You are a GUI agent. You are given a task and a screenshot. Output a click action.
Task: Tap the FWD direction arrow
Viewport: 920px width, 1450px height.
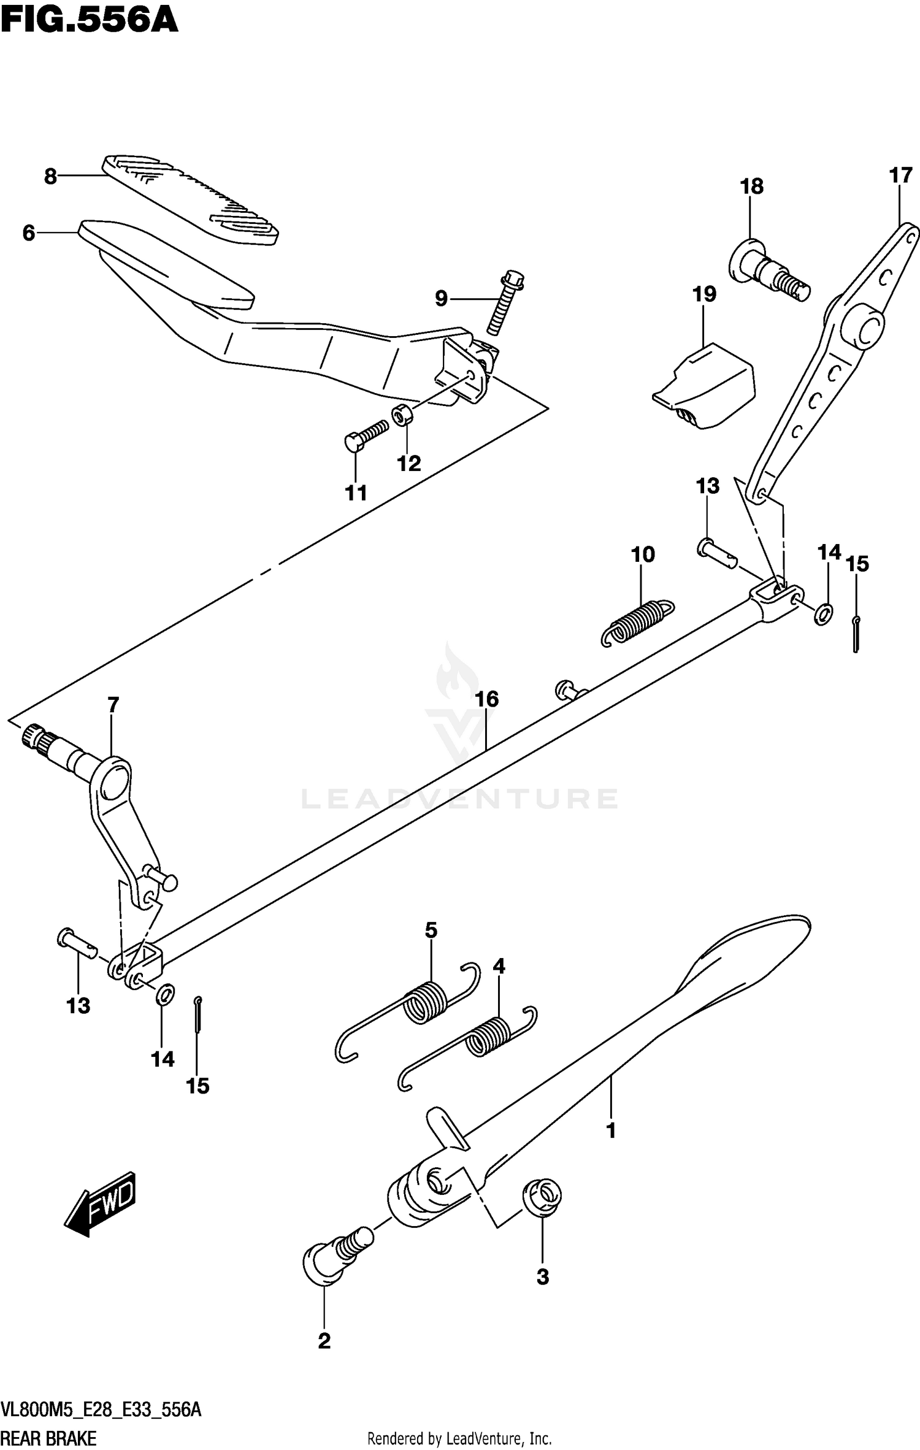click(x=101, y=1204)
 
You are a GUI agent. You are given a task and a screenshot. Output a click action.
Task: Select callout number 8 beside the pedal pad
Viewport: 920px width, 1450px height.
click(x=50, y=177)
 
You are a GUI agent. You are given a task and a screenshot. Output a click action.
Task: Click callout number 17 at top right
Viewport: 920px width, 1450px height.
click(x=900, y=175)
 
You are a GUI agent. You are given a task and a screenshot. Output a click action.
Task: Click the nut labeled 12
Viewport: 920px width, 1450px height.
click(x=402, y=416)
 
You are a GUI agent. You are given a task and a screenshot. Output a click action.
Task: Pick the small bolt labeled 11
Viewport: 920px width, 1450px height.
click(x=366, y=436)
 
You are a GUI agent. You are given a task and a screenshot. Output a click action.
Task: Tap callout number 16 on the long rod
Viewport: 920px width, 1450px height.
click(x=487, y=699)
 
